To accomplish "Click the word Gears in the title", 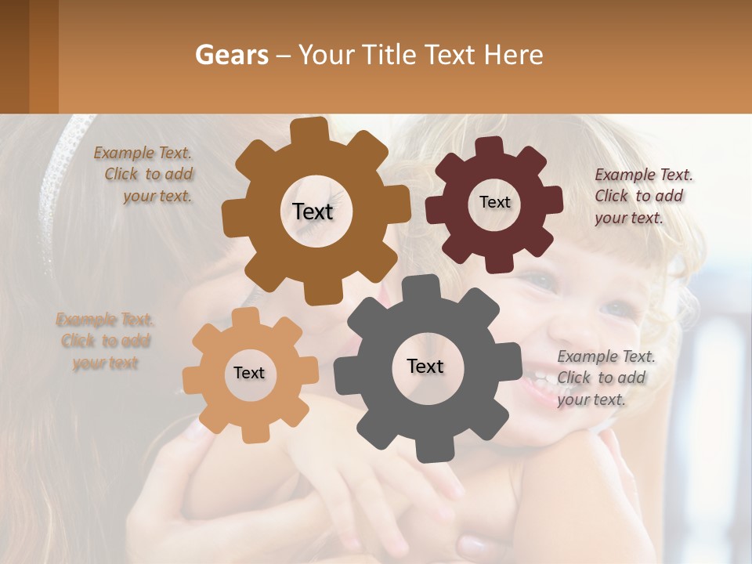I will pos(232,54).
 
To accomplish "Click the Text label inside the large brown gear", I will pos(313,211).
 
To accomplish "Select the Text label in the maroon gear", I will pos(494,202).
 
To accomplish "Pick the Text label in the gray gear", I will pos(425,366).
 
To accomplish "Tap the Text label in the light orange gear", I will pos(249,373).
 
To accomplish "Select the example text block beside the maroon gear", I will pos(643,196).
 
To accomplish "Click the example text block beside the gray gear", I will pos(606,378).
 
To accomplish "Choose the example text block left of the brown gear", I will pos(146,174).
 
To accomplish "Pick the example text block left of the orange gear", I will pos(105,341).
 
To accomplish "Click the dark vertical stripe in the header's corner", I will pos(43,56).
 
